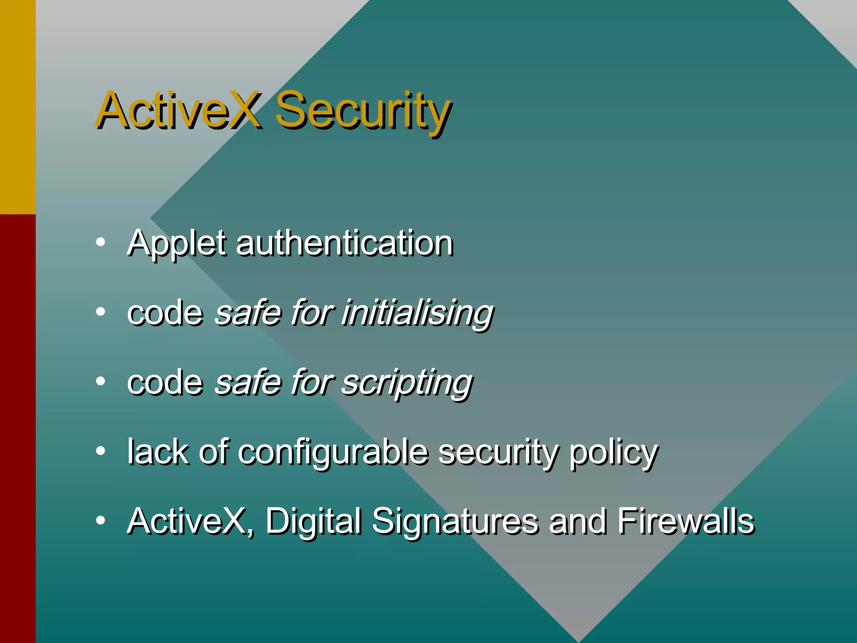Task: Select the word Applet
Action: pos(176,244)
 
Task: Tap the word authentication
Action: pos(344,244)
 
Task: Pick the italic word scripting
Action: pos(407,383)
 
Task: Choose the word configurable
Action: pos(333,452)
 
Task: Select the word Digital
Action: pos(313,522)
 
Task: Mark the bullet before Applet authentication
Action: pos(100,242)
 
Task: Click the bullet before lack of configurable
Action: pos(100,451)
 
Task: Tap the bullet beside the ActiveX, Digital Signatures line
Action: pos(100,520)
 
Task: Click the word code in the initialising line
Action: pos(165,313)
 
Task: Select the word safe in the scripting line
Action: pos(246,383)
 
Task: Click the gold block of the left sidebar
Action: pos(18,107)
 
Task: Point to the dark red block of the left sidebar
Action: pos(18,427)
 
